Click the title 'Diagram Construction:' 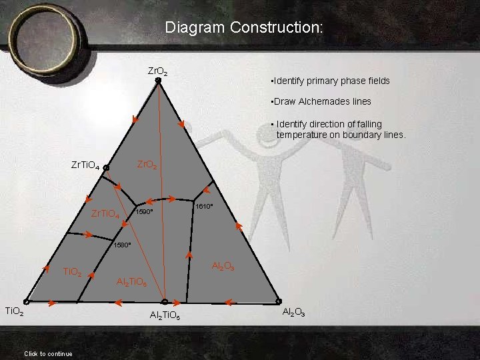(244, 28)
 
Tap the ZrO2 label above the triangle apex (158, 71)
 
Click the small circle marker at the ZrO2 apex (158, 81)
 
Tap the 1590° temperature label (145, 212)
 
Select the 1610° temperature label (203, 207)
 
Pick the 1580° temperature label (122, 245)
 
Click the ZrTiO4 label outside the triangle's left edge (86, 165)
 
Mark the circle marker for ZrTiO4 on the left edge (106, 168)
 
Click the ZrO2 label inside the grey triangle (147, 164)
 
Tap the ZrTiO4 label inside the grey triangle (105, 215)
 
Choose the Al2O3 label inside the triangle (222, 266)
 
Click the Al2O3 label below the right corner (293, 312)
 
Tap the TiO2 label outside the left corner (15, 311)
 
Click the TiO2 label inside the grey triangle (72, 272)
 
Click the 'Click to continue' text (48, 353)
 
